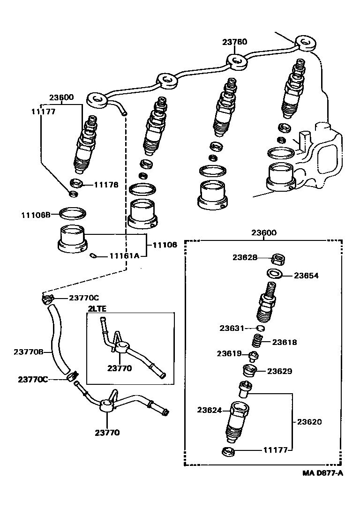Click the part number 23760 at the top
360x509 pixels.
coord(234,42)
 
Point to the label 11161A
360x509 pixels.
coord(124,256)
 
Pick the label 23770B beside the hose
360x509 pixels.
coord(29,352)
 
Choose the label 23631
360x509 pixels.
coord(232,328)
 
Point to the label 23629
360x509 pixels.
coord(280,371)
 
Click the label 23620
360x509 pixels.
coord(309,421)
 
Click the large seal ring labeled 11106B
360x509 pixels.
coord(73,214)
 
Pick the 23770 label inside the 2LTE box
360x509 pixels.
coord(120,368)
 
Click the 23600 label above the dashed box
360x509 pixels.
coord(263,233)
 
